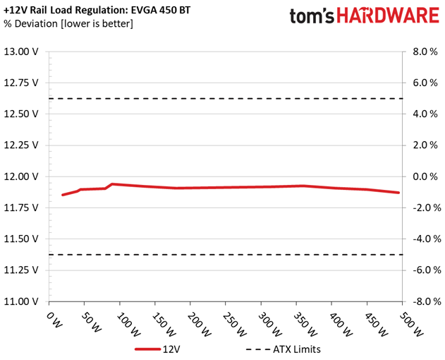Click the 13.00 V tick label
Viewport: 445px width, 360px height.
click(20, 52)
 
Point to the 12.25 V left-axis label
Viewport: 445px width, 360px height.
click(20, 145)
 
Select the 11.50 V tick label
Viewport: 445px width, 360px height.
click(20, 239)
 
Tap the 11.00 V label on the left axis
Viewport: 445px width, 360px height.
click(20, 301)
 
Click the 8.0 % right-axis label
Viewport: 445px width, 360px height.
click(425, 52)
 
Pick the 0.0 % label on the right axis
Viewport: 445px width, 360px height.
click(425, 176)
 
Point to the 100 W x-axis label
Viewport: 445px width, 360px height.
click(128, 325)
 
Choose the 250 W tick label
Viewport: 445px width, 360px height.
click(234, 325)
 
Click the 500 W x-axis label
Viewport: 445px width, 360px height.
click(411, 325)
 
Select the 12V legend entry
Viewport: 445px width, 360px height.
click(157, 349)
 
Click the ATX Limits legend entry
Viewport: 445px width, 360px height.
click(284, 349)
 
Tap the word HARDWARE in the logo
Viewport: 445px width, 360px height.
click(388, 16)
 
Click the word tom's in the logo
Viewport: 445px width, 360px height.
click(312, 16)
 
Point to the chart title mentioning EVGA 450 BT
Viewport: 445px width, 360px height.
click(97, 10)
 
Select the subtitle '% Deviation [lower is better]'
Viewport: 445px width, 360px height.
click(68, 23)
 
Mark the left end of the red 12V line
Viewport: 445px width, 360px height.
click(63, 195)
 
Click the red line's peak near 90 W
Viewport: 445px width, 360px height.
click(112, 184)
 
